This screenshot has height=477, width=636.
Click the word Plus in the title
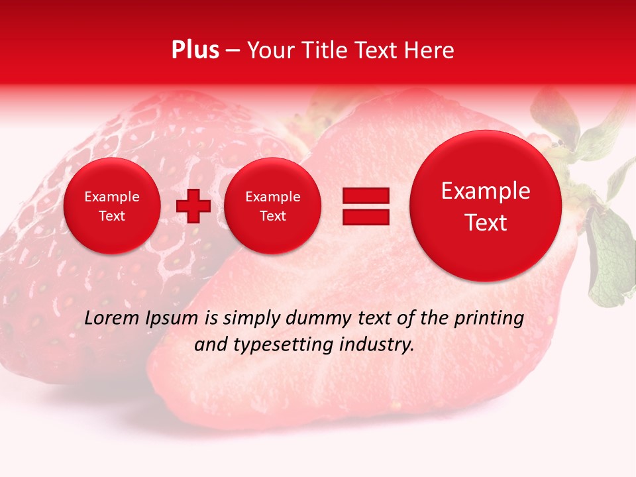tap(195, 50)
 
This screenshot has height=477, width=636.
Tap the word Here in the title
tap(429, 50)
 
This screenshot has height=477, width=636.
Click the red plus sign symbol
tap(193, 206)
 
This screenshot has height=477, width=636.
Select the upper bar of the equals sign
tap(366, 195)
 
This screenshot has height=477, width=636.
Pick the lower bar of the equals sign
tap(366, 217)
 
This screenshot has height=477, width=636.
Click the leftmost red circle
tap(112, 206)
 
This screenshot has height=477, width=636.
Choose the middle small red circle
tap(272, 206)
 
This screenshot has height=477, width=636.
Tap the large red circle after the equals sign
tap(486, 206)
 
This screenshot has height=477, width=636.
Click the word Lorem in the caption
tap(112, 319)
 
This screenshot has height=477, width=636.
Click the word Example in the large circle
tap(486, 191)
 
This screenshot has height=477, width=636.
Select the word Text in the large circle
tap(486, 223)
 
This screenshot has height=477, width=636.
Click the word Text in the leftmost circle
tap(112, 216)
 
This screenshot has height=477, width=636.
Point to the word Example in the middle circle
tap(272, 197)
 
